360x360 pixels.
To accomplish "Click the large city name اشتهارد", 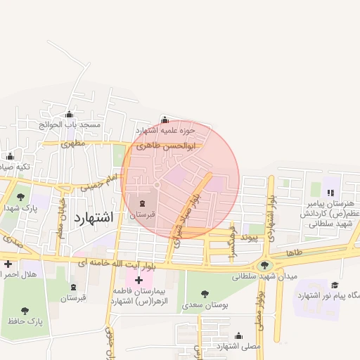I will point(93,217).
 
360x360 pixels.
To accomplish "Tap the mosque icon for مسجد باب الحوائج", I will point(69,115).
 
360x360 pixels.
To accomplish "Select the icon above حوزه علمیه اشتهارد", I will point(165,120).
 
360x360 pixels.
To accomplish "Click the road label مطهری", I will point(72,143).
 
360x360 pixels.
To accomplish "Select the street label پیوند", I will point(250,238).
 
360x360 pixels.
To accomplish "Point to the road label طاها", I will point(294,251).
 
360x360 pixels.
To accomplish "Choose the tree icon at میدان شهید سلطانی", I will point(264,265).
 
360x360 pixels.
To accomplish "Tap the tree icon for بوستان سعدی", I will point(205,293).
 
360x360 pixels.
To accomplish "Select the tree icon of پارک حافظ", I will point(26,310).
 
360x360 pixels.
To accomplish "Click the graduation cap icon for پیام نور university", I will point(335,285).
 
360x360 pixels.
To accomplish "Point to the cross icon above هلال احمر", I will point(8,264).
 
